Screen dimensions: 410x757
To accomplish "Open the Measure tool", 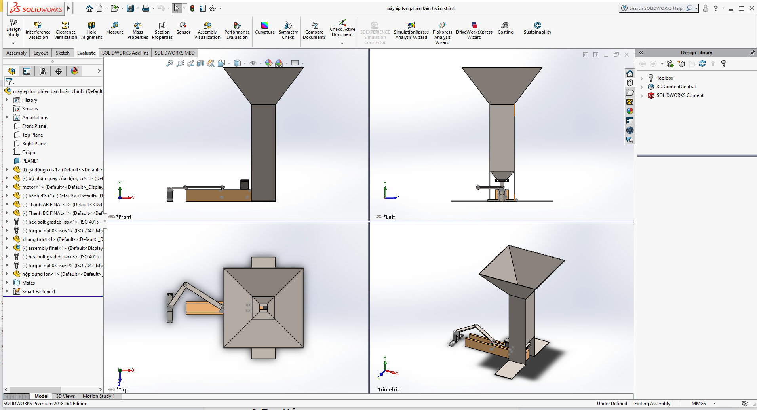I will pos(115,28).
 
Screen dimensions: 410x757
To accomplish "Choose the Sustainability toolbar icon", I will pos(537,28).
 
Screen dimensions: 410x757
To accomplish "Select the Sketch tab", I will pos(63,53).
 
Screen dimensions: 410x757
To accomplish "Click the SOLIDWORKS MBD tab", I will pos(175,53).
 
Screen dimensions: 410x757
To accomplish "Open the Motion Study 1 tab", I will pos(99,396).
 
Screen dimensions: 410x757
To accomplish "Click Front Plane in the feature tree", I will pos(34,126).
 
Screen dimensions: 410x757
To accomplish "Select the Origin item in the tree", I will pos(29,152).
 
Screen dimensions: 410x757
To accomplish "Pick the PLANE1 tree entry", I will pos(30,161).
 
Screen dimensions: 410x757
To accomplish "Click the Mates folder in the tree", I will pos(29,283).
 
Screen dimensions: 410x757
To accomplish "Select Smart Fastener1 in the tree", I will pos(38,292).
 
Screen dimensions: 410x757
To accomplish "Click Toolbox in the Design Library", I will pos(665,78).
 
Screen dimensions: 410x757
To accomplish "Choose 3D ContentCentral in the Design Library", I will pos(676,87).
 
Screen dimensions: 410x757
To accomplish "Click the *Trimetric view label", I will pos(388,390).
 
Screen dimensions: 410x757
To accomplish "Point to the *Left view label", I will pos(390,217).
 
